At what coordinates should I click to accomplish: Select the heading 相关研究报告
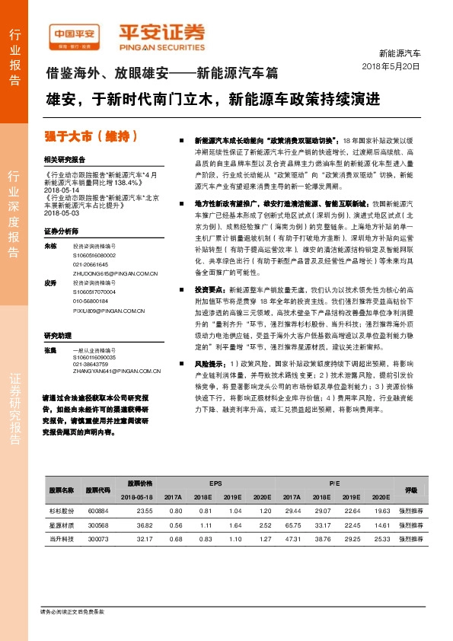(x=65, y=160)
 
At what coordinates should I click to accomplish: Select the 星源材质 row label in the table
(x=61, y=525)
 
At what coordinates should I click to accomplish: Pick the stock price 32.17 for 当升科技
(x=144, y=538)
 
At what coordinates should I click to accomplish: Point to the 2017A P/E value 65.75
(x=292, y=525)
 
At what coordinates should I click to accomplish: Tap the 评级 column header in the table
(x=411, y=490)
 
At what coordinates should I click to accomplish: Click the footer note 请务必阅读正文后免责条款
(x=72, y=612)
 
